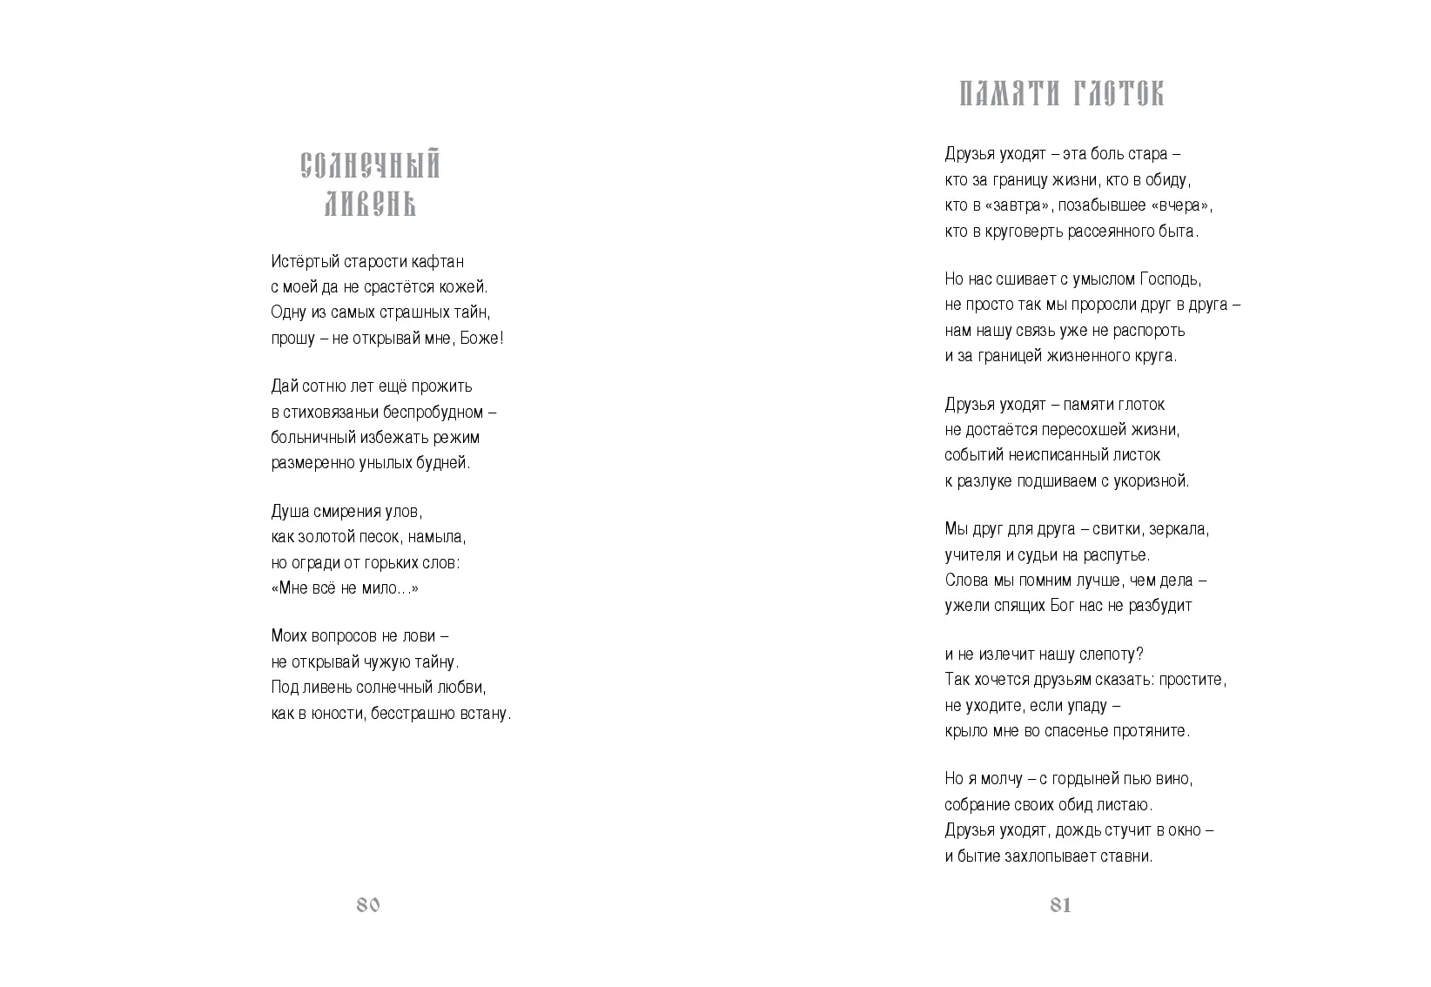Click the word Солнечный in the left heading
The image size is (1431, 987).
371,165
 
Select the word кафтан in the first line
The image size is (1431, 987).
439,261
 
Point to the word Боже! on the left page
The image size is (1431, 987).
481,338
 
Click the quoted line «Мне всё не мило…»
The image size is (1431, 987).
345,588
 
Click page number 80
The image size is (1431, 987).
368,905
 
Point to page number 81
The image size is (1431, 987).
1060,905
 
